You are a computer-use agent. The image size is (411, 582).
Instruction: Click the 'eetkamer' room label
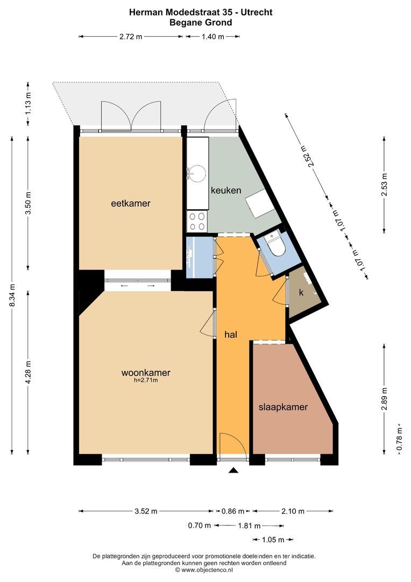(x=130, y=203)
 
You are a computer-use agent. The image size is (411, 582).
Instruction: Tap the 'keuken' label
(x=225, y=190)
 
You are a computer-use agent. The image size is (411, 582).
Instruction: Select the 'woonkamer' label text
(x=146, y=372)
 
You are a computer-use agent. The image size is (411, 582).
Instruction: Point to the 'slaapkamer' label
(x=283, y=407)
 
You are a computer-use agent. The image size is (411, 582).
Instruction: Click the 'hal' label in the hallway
(x=231, y=334)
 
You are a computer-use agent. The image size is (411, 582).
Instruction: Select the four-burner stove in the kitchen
(x=197, y=221)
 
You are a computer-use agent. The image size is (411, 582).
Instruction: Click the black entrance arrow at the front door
(x=233, y=470)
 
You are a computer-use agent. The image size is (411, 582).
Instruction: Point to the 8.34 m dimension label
(x=12, y=296)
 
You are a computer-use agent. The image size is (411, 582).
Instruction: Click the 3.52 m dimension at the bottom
(x=146, y=511)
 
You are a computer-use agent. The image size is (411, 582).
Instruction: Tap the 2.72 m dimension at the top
(x=131, y=36)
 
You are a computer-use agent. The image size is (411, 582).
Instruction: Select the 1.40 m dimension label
(x=212, y=36)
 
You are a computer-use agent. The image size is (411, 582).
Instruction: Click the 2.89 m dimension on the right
(x=384, y=399)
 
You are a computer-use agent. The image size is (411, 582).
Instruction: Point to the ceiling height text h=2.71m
(x=146, y=380)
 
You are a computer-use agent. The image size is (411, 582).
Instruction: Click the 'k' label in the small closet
(x=301, y=293)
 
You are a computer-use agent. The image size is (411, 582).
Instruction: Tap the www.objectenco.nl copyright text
(x=204, y=569)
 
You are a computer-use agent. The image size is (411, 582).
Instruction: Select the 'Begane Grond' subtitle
(x=201, y=22)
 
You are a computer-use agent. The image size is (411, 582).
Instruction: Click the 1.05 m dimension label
(x=273, y=539)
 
